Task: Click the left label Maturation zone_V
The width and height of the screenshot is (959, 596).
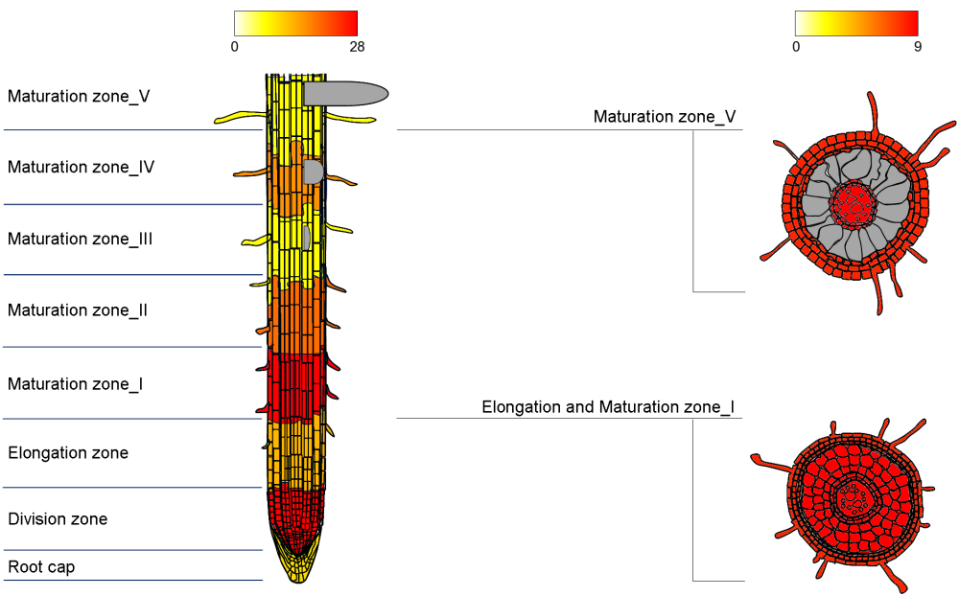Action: (79, 97)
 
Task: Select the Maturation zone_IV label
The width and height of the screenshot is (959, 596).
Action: (82, 168)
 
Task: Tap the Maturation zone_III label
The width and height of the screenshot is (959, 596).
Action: (81, 240)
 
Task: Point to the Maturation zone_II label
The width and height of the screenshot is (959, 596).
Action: (78, 310)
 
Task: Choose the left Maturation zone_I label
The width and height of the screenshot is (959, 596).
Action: (76, 384)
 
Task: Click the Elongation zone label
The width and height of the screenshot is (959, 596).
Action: (68, 453)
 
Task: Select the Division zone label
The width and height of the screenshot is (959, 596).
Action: (58, 519)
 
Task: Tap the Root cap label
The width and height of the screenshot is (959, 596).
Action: (41, 567)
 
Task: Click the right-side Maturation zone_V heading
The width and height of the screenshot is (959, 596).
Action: (665, 117)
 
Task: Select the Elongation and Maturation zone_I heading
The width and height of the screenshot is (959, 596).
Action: (608, 407)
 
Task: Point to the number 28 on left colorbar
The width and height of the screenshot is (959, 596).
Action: (357, 47)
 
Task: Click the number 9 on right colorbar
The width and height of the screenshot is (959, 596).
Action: (918, 47)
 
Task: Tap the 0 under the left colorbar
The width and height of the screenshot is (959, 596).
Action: (235, 47)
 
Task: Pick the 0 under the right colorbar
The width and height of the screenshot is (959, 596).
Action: (796, 47)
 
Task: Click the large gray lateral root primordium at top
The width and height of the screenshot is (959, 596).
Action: (345, 93)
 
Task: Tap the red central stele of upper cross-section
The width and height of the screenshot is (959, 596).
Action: (849, 203)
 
